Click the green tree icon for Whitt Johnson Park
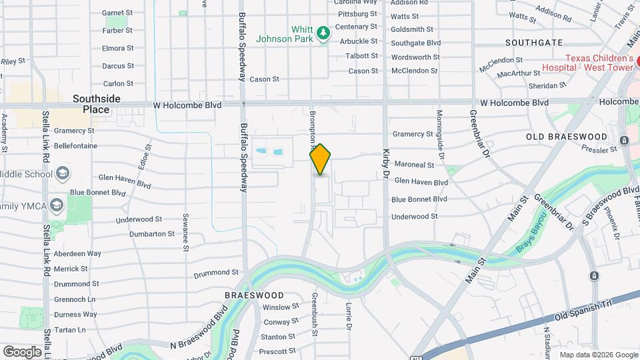pos(323,33)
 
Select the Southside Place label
pos(97,104)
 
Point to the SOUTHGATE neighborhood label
pos(534,43)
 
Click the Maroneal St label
pos(413,165)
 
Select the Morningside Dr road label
pos(439,130)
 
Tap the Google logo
pos(22,351)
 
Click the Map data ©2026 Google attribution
pos(598,355)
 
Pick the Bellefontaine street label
pos(75,146)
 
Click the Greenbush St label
pos(314,313)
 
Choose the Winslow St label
pos(281,307)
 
